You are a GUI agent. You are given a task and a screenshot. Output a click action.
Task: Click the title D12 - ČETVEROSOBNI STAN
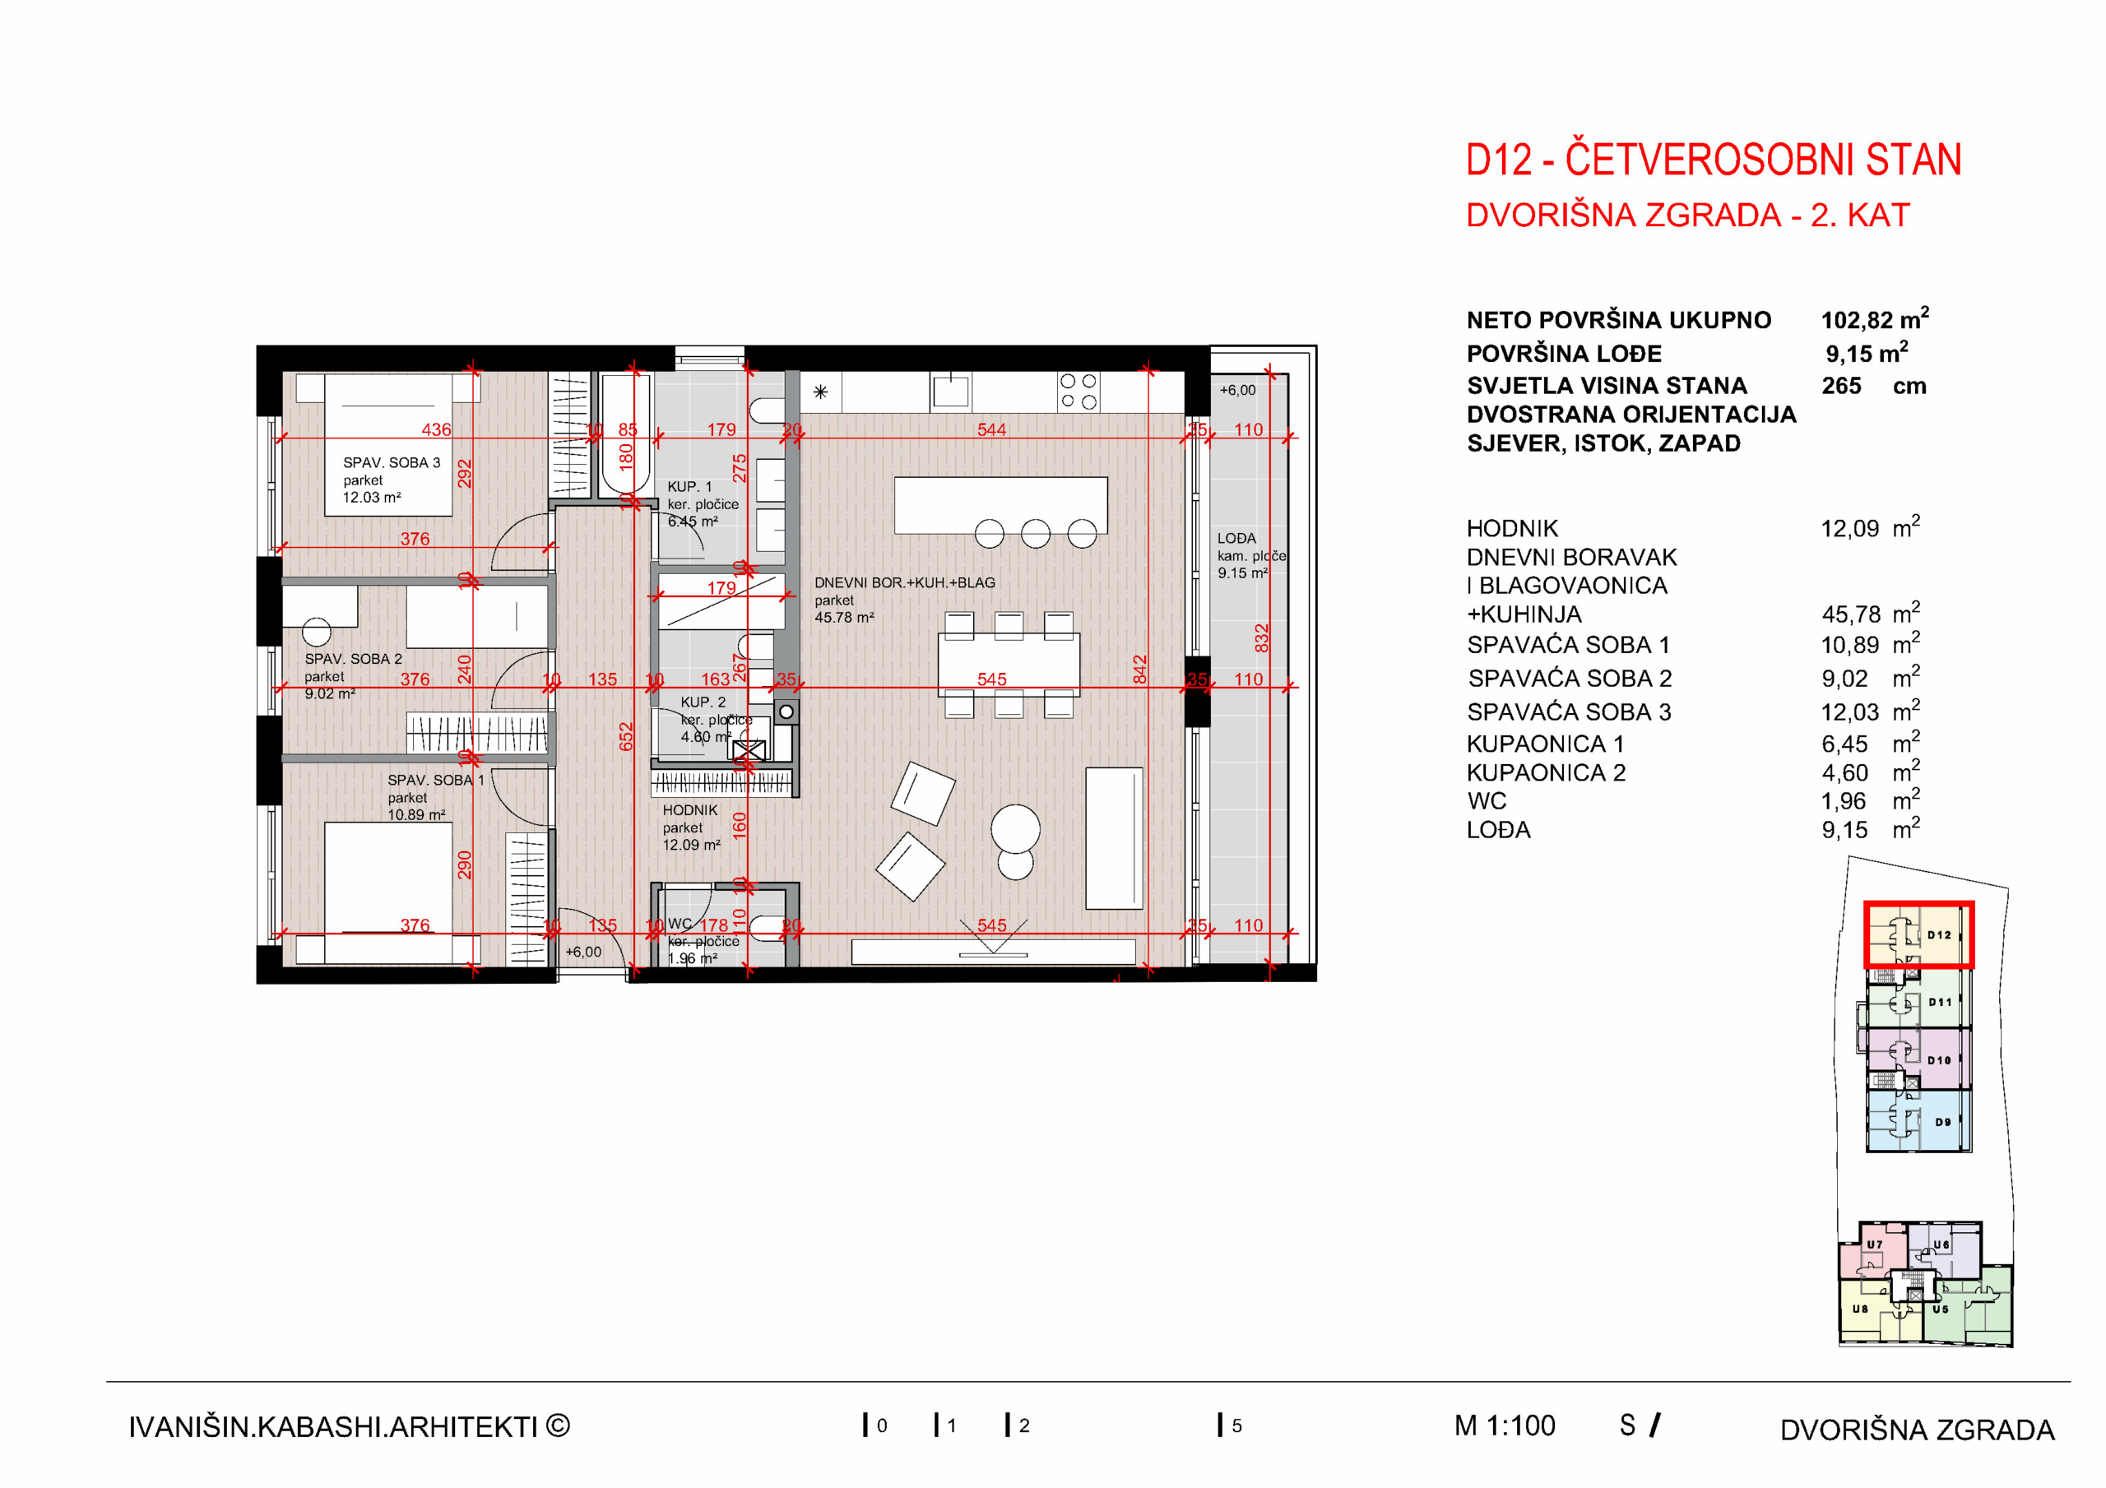(1713, 160)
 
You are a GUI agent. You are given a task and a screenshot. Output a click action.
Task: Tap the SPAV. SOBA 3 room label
(392, 462)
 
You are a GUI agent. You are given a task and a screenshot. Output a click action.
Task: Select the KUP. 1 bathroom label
(689, 486)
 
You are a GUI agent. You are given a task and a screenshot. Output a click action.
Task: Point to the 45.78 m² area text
(844, 618)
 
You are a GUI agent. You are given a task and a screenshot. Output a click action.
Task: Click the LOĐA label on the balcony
(1236, 539)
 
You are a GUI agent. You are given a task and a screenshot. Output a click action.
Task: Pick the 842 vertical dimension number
(1139, 670)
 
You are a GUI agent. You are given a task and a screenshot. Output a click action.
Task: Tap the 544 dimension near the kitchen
(990, 429)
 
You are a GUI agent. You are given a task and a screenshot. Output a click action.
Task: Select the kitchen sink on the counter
(950, 392)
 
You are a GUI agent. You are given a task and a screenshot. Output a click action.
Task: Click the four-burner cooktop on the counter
(1078, 391)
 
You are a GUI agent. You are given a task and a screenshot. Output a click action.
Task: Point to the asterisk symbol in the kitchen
(820, 392)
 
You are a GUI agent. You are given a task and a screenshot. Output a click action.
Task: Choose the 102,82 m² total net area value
(1874, 320)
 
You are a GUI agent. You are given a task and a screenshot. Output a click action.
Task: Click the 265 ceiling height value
(1841, 387)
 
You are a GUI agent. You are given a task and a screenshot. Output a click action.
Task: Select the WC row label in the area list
(1486, 801)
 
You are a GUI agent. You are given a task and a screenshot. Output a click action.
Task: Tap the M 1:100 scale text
(1505, 1425)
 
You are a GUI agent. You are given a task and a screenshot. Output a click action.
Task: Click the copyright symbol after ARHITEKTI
(558, 1425)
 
